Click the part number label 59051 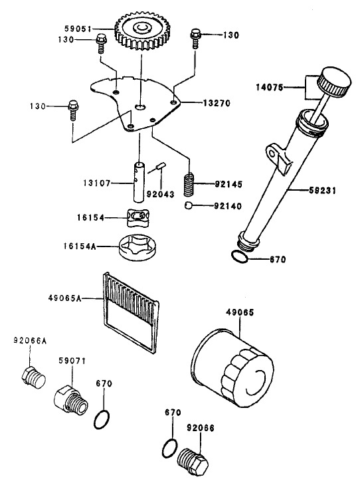tap(78, 29)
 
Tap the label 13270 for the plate tap(217, 103)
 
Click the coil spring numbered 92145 tap(189, 184)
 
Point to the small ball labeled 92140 tap(189, 205)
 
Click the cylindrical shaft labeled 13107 tap(139, 182)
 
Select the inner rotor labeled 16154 tap(137, 217)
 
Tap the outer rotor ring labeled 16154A tap(138, 248)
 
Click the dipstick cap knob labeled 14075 tap(334, 82)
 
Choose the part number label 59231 tap(322, 191)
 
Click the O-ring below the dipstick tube tap(239, 257)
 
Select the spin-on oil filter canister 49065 tap(232, 368)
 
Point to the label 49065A tap(65, 298)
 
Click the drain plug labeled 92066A tap(34, 377)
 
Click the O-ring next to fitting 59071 tap(102, 419)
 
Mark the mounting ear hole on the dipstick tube tap(271, 153)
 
